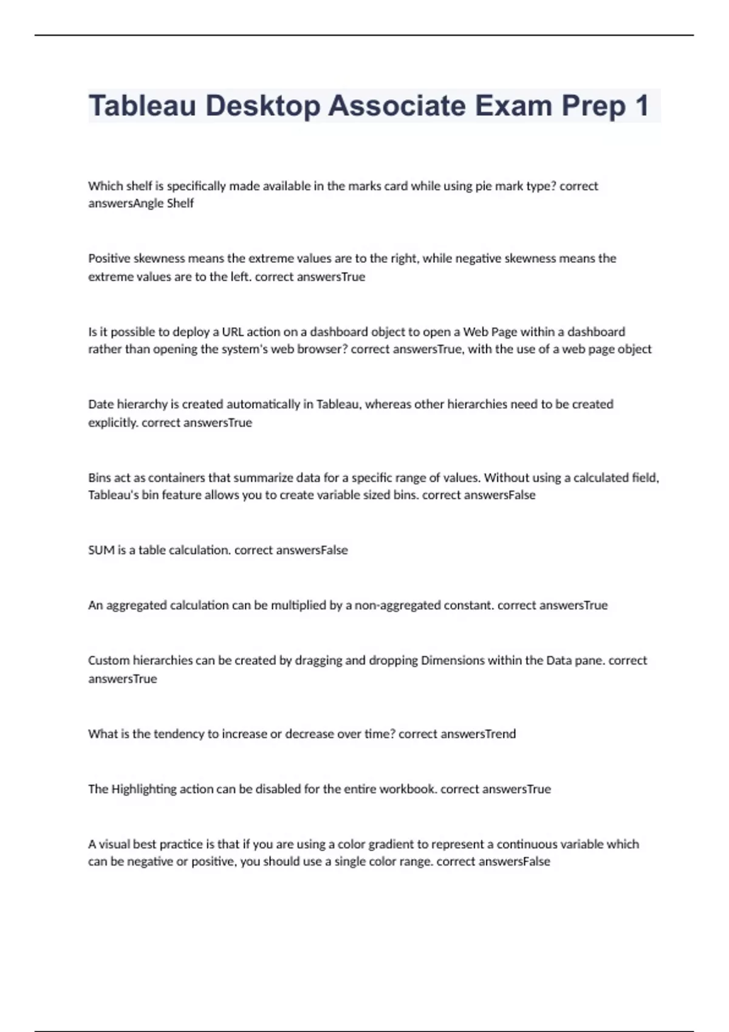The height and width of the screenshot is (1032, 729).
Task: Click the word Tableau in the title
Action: [143, 106]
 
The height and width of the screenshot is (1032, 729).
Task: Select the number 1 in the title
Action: [641, 106]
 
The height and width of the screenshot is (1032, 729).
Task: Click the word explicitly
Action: [113, 423]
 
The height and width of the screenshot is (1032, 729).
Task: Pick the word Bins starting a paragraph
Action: [100, 478]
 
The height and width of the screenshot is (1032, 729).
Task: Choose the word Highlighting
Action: [143, 789]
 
